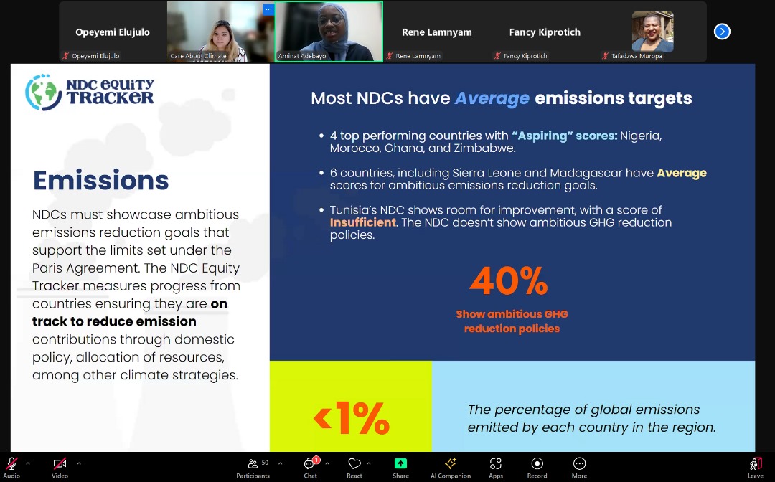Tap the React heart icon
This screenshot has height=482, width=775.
pyautogui.click(x=354, y=463)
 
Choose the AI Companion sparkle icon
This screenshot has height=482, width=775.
pyautogui.click(x=451, y=463)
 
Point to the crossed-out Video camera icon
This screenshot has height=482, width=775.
pyautogui.click(x=60, y=463)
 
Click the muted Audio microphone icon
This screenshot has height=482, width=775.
pyautogui.click(x=11, y=463)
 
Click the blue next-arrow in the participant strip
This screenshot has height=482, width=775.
pyautogui.click(x=722, y=32)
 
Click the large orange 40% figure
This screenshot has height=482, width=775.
pyautogui.click(x=509, y=281)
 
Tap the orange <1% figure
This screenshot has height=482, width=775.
pyautogui.click(x=352, y=417)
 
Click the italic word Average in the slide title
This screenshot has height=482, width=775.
pyautogui.click(x=492, y=98)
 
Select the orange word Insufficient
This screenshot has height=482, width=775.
pyautogui.click(x=363, y=222)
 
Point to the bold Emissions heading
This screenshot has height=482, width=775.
pyautogui.click(x=101, y=180)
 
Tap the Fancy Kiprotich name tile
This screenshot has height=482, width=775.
pyautogui.click(x=545, y=32)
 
